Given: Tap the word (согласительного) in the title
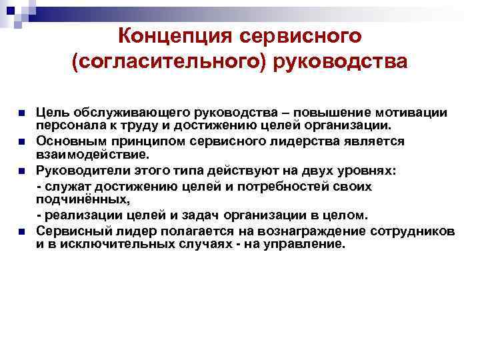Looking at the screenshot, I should (170, 63).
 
